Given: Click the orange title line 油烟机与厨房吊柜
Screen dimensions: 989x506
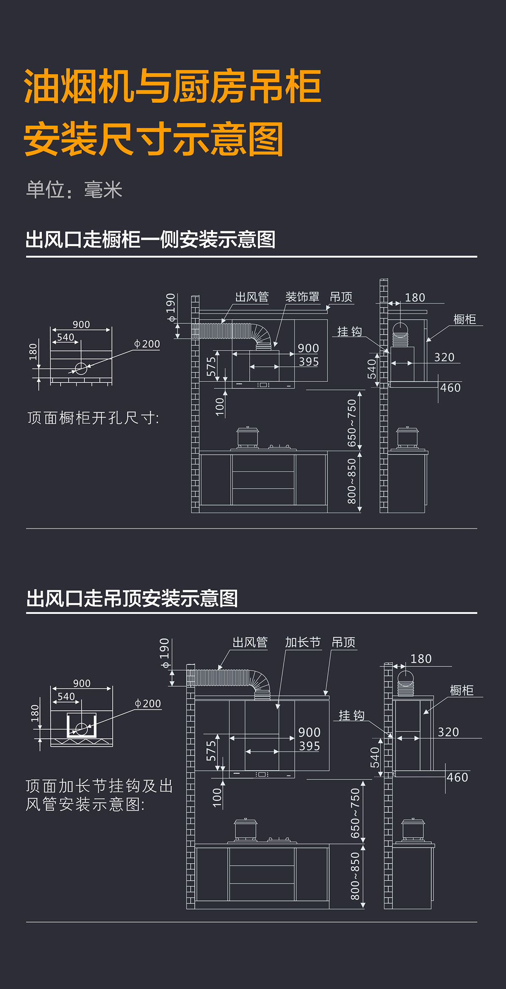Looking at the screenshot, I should pos(173,87).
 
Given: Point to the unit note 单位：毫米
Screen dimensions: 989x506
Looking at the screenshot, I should pos(74,190).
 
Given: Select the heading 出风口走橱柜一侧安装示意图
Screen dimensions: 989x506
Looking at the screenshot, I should pos(151,240).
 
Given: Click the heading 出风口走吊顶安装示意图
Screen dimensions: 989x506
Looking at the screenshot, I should pos(132,599).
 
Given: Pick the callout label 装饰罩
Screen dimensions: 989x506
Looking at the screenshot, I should pos(302,297).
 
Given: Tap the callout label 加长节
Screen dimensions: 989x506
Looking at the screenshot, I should pos(302,642).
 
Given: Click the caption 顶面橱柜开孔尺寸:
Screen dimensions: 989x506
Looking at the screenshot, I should pos(93,418).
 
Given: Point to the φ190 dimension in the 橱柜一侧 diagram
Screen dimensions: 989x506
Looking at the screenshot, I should pos(171,308).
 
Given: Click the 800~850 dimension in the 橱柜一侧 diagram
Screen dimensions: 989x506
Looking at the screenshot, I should pos(352,481).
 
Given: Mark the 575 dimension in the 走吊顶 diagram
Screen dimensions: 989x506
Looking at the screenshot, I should pos(211,751).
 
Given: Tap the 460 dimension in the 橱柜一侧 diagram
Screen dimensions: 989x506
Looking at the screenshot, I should pos(450,387).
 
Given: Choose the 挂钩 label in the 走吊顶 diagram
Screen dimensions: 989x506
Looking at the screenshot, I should pos(351,715).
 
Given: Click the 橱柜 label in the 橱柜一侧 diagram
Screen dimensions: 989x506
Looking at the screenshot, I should pos(465,319).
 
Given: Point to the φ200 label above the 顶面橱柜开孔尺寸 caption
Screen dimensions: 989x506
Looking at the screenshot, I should pos(147,344).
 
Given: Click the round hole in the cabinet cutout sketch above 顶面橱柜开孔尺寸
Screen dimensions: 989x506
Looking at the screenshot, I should pos(81,369).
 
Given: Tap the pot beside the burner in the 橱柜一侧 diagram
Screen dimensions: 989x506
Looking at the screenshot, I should pos(248,437).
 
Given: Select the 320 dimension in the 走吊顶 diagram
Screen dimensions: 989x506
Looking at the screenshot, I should pos(448,732).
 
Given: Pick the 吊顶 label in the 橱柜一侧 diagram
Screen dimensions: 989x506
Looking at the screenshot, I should pos(341,297).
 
